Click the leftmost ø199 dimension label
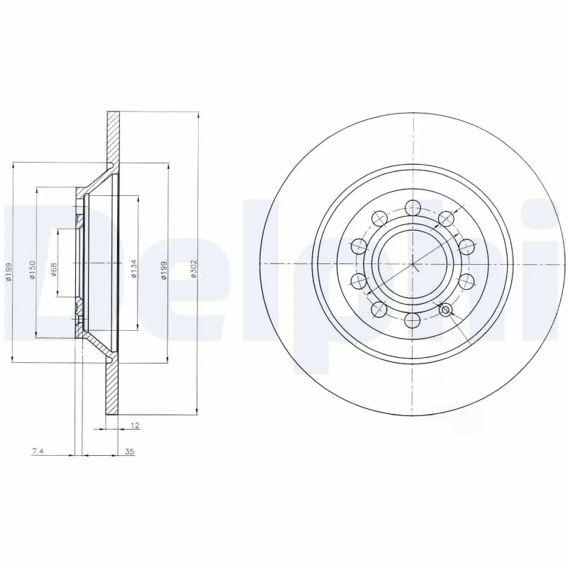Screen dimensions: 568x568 (x=10, y=273)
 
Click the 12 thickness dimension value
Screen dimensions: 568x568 (x=134, y=425)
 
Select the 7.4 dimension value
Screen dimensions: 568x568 (x=37, y=451)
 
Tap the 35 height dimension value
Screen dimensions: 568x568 (x=129, y=451)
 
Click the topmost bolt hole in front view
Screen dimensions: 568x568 (x=412, y=207)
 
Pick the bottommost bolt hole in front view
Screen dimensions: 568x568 (x=412, y=321)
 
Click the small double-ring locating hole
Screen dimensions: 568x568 (x=446, y=310)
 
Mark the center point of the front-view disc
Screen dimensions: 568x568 (x=413, y=264)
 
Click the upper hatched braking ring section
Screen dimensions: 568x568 (x=112, y=138)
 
